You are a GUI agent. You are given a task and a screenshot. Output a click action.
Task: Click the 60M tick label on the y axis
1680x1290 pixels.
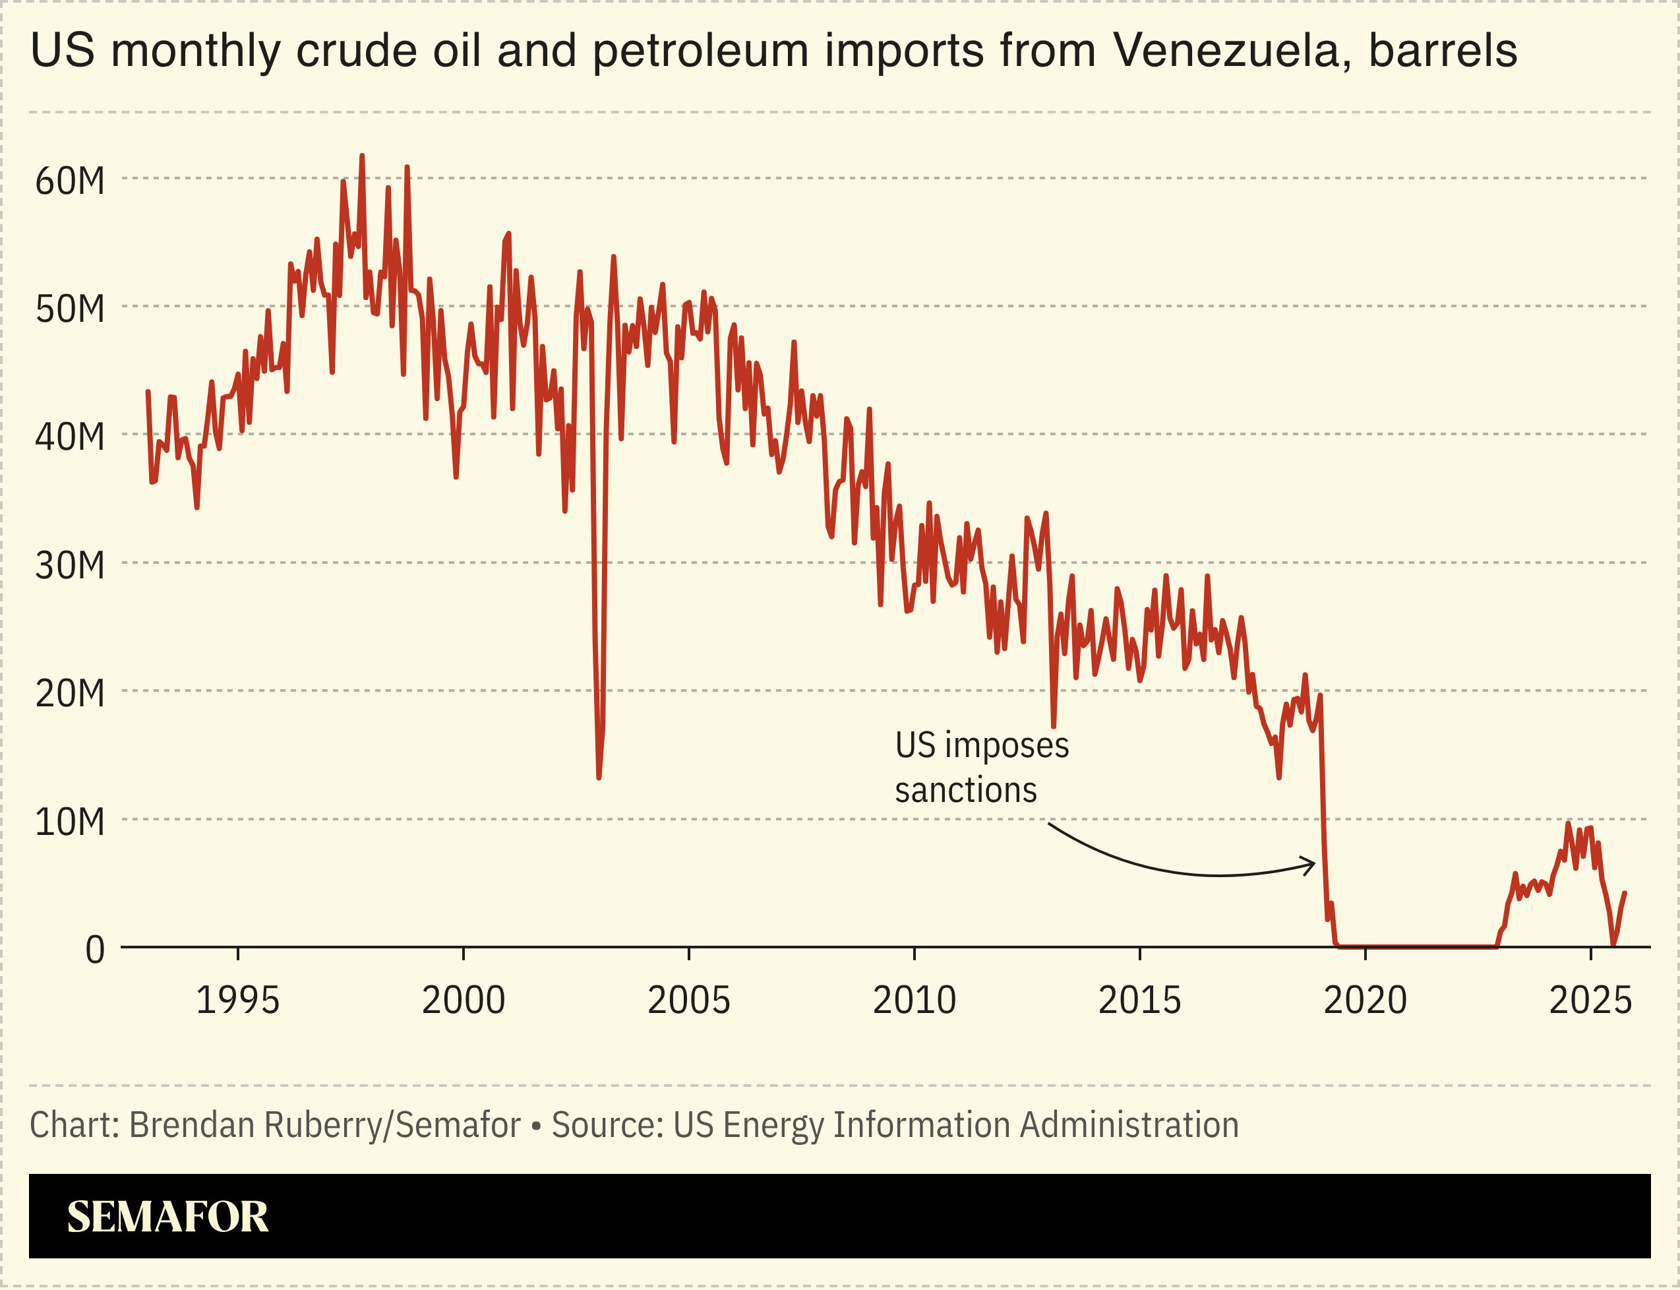pos(70,182)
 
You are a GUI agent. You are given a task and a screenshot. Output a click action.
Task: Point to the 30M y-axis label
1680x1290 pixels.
pos(70,566)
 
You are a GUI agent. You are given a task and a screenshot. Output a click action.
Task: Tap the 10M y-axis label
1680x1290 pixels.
pos(70,822)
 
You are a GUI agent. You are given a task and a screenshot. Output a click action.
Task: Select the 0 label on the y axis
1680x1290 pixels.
pos(94,950)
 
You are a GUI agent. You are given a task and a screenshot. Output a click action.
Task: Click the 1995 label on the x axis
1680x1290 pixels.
pos(238,1000)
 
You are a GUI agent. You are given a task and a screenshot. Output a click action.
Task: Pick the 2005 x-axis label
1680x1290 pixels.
pos(688,1000)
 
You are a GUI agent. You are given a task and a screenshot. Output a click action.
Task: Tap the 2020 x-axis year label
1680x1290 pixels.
pos(1365,1000)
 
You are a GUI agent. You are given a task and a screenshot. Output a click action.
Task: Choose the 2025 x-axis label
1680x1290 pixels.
pos(1590,1000)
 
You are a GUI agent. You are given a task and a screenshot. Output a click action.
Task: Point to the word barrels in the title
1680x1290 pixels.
pos(1443,51)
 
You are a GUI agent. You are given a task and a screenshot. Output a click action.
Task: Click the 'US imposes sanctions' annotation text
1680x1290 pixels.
pos(981,767)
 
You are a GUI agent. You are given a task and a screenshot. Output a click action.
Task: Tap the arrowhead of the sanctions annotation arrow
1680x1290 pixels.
pos(1312,864)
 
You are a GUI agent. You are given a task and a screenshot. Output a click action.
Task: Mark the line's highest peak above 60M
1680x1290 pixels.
pos(362,156)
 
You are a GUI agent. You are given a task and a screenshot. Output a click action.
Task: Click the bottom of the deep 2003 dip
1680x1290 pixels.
pos(599,778)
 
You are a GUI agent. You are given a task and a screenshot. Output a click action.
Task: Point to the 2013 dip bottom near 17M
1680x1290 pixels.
pos(1053,725)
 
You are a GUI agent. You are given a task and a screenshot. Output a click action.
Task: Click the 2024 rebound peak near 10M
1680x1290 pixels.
pos(1568,824)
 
